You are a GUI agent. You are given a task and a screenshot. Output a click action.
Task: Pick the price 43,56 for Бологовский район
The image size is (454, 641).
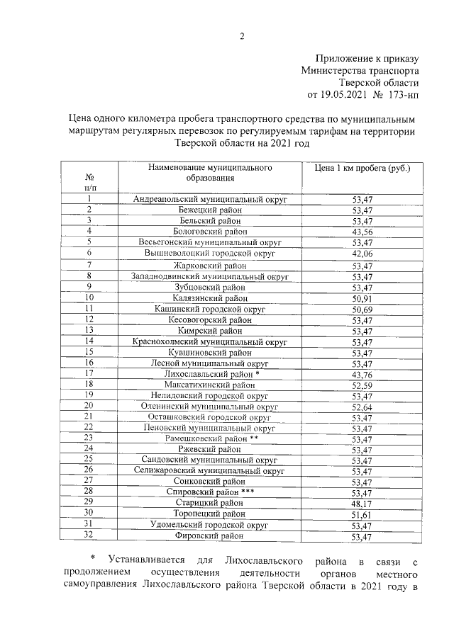(362, 232)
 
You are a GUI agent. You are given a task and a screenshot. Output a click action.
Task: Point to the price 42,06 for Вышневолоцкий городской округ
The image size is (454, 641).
(362, 254)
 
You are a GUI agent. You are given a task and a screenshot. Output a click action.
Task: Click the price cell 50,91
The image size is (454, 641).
(362, 298)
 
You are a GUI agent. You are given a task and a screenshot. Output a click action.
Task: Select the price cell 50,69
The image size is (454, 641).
(362, 310)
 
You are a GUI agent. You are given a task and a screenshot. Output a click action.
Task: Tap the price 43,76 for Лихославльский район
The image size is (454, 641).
(362, 375)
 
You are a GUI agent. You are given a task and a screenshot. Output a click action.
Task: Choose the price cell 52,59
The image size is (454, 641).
(362, 385)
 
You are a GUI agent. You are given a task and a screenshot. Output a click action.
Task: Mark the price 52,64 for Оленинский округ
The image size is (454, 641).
(362, 407)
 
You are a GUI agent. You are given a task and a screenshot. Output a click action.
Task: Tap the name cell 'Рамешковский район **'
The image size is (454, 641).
(211, 439)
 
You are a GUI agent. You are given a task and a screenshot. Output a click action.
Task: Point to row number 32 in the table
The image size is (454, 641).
(89, 536)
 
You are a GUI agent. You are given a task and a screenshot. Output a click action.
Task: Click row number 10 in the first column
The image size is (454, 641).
(89, 297)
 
